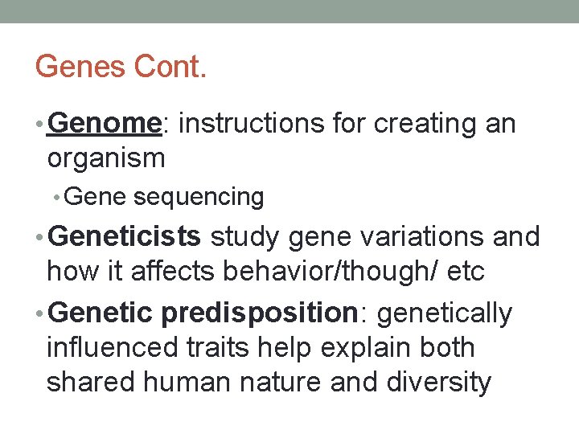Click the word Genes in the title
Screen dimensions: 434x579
click(x=80, y=67)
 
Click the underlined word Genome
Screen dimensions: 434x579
click(x=105, y=124)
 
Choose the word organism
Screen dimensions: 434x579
click(x=106, y=158)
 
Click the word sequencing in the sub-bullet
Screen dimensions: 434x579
click(x=199, y=197)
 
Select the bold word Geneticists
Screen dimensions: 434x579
click(x=125, y=237)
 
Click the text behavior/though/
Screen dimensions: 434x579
click(x=331, y=272)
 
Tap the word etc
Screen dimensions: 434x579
click(x=466, y=272)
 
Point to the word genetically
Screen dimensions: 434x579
click(x=444, y=313)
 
